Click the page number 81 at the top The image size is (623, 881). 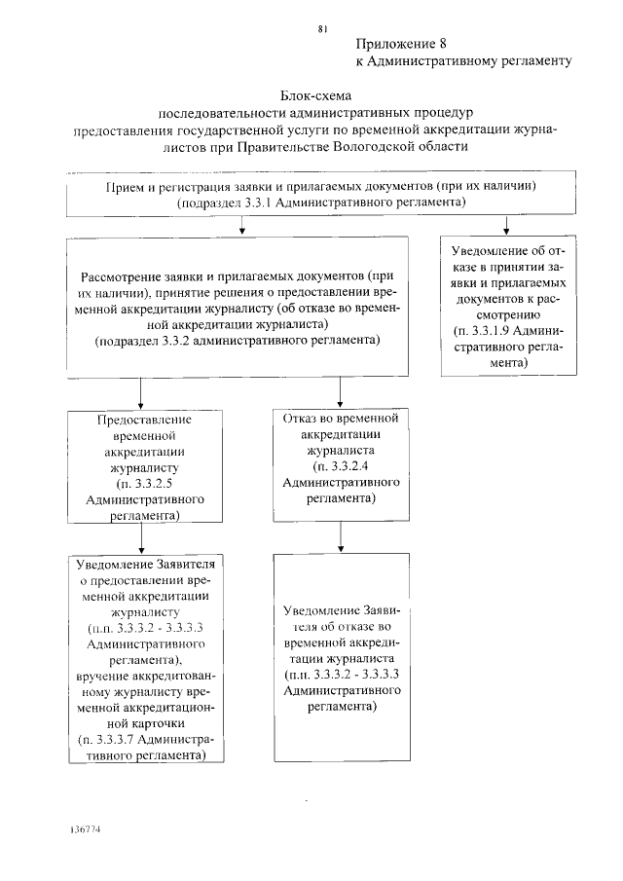coord(323,28)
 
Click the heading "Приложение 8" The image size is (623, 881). coord(400,44)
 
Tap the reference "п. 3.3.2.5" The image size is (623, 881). coord(144,482)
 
